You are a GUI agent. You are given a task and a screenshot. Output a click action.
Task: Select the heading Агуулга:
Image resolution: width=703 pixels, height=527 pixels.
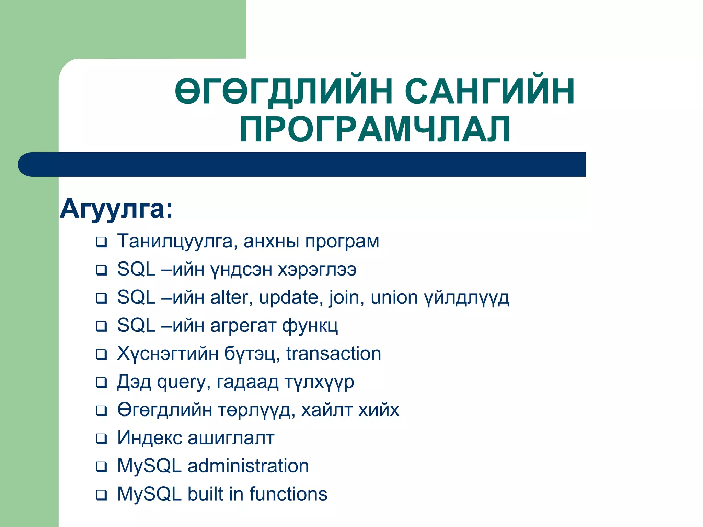(x=116, y=209)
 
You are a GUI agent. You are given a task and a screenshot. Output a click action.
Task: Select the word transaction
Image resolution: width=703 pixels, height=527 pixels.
(x=334, y=353)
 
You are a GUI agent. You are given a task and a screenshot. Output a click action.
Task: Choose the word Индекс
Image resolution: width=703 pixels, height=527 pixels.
(x=150, y=438)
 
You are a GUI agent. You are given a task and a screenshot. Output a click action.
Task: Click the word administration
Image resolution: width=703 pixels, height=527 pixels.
(x=248, y=466)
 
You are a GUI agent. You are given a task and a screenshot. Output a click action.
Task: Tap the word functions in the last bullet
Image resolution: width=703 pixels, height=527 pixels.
(x=288, y=494)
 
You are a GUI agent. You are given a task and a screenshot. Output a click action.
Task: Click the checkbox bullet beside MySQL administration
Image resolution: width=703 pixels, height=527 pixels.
(x=101, y=467)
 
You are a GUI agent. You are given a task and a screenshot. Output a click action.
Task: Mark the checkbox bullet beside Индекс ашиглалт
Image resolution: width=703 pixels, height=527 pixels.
(x=101, y=439)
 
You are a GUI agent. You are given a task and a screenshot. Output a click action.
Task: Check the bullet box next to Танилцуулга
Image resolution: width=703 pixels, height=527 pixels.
(x=101, y=242)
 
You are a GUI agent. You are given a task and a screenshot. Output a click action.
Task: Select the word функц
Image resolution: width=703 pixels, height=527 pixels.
(x=310, y=325)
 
